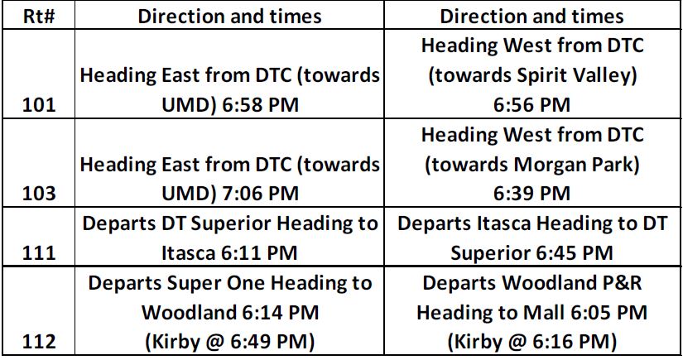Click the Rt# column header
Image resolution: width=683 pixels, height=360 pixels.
(39, 17)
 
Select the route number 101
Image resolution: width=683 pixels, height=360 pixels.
(39, 105)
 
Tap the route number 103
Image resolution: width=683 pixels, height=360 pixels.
(39, 194)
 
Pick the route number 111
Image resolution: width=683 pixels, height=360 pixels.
(39, 253)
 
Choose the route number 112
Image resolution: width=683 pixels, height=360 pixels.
(39, 342)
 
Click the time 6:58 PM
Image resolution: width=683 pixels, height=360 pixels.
(260, 105)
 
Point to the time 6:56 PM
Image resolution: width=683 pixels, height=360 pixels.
(531, 105)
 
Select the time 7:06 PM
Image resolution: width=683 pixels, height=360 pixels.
(260, 194)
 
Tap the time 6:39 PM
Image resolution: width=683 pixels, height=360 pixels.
(531, 194)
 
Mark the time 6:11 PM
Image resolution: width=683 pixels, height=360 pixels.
(259, 253)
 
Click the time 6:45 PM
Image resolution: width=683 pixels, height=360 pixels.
(575, 253)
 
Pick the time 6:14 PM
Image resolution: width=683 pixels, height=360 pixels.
(280, 313)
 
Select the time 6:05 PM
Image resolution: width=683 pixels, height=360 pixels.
(609, 313)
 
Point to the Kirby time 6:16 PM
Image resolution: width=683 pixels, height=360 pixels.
(570, 342)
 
